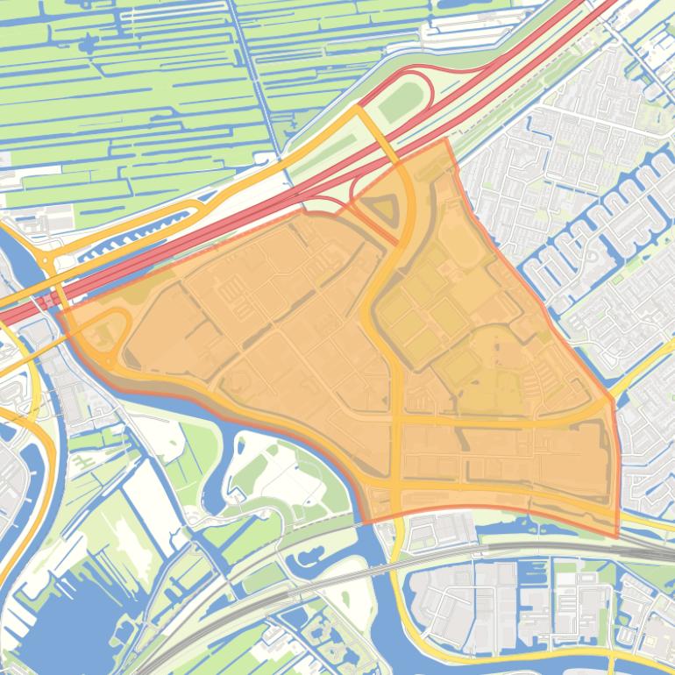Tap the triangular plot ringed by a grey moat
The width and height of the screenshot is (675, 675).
tap(383, 210)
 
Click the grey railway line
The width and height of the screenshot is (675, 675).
tap(526, 550)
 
